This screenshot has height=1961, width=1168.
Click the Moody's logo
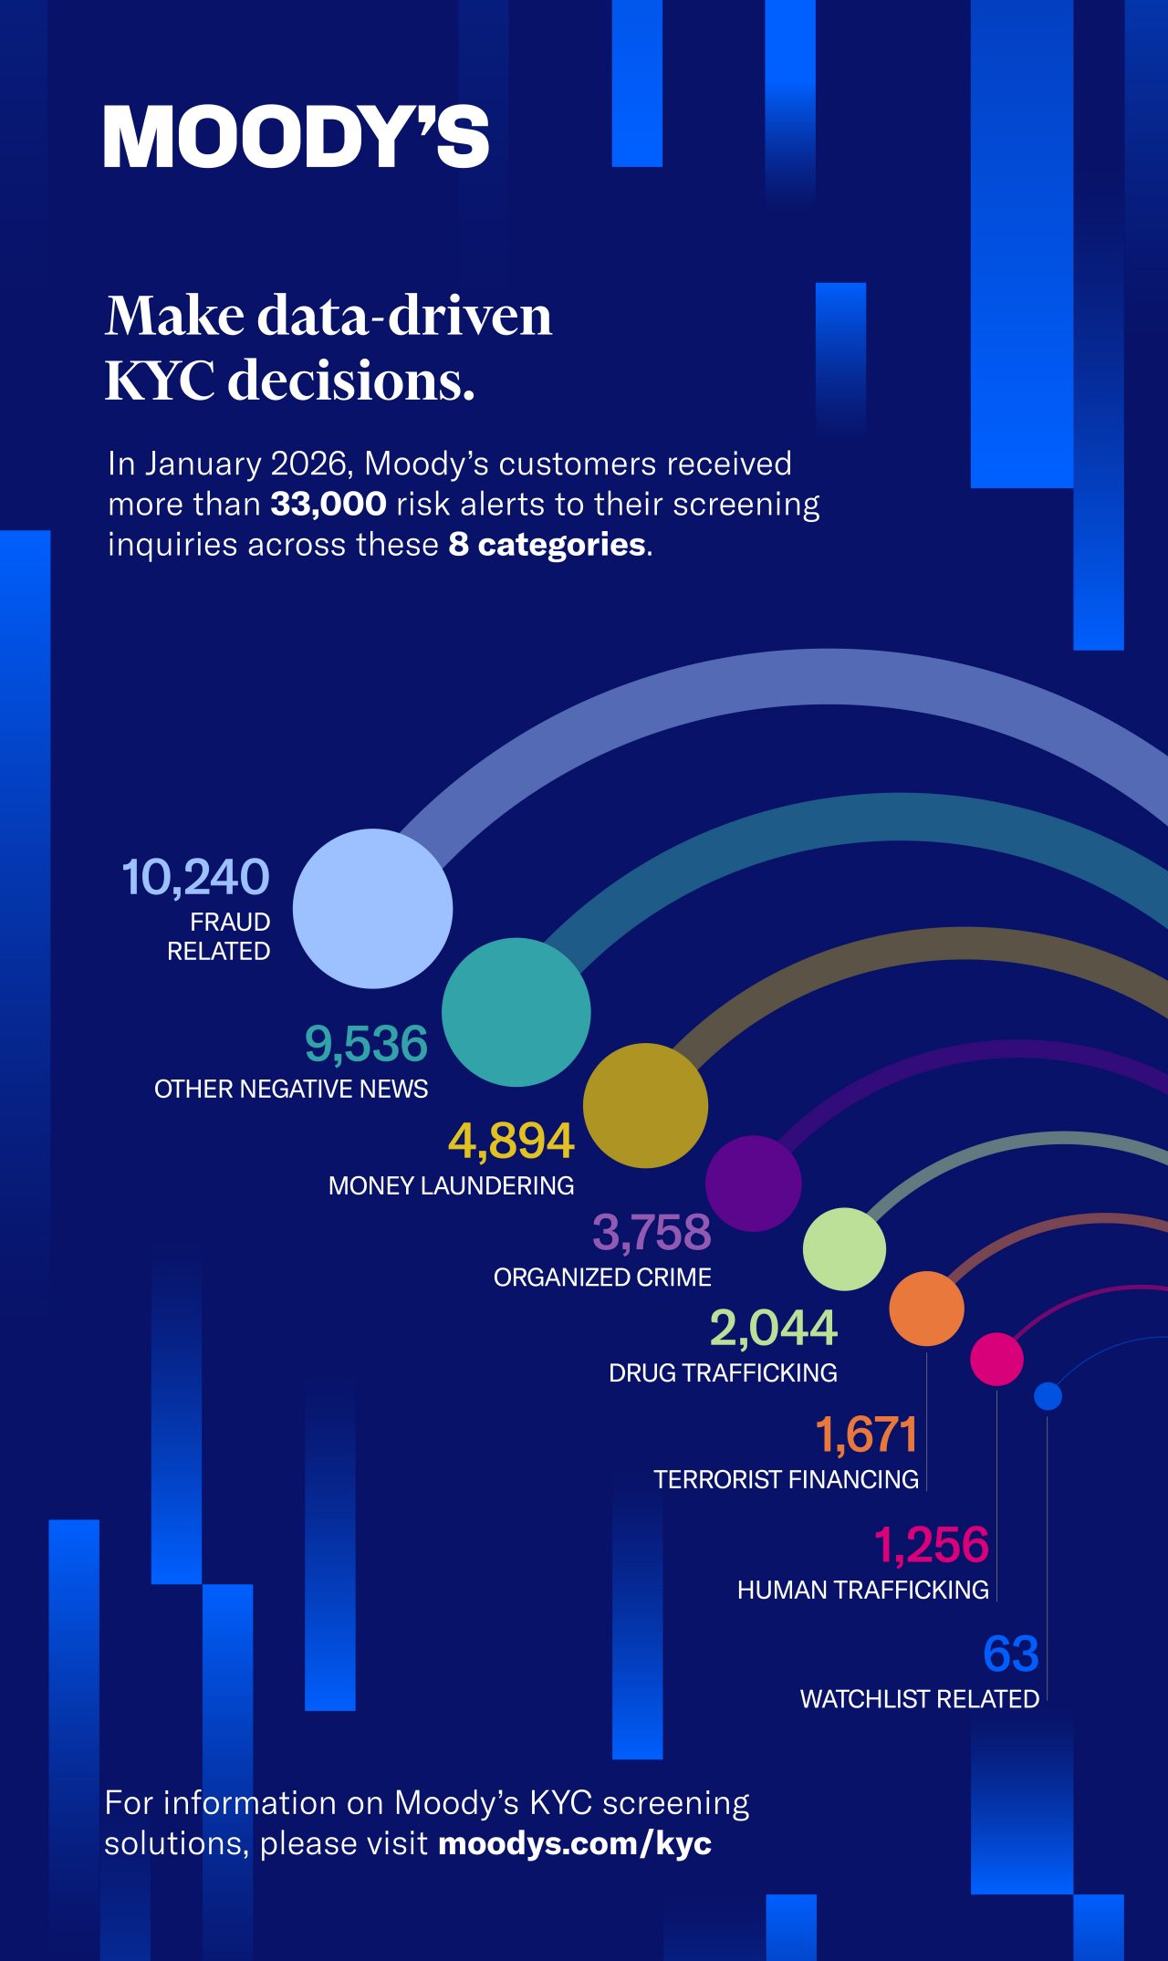click(x=297, y=137)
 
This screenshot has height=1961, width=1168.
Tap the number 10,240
click(x=196, y=877)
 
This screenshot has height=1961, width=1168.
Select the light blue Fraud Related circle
click(x=372, y=909)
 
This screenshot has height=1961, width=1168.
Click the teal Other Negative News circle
click(x=516, y=1012)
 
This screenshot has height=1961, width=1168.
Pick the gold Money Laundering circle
click(x=645, y=1105)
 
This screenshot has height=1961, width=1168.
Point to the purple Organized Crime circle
click(x=753, y=1184)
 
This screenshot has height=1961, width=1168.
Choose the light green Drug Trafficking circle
click(x=844, y=1249)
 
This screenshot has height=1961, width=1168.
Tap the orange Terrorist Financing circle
click(x=926, y=1309)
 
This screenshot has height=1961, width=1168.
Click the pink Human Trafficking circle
click(x=996, y=1359)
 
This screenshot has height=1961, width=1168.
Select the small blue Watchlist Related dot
click(x=1048, y=1396)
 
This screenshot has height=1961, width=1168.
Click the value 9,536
click(x=366, y=1044)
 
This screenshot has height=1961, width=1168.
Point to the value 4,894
click(x=511, y=1141)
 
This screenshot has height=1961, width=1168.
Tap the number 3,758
click(x=652, y=1232)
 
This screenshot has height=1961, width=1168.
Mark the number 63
click(x=1011, y=1653)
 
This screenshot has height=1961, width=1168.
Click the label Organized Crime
click(x=602, y=1278)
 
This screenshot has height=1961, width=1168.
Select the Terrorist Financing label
click(x=786, y=1479)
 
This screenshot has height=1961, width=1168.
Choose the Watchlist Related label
click(x=920, y=1699)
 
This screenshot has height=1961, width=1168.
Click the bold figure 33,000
click(x=328, y=504)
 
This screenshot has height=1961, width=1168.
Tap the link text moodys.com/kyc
click(x=575, y=1843)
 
